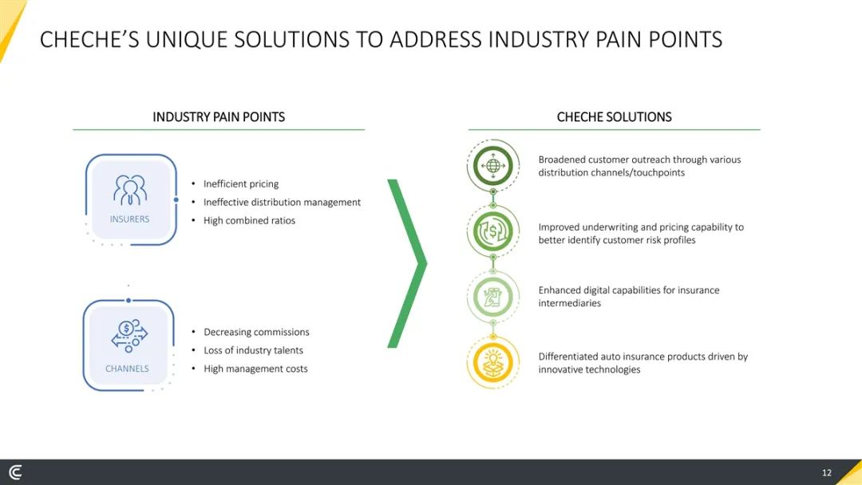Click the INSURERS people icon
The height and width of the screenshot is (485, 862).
point(130,190)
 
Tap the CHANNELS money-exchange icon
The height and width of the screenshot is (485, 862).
point(129,336)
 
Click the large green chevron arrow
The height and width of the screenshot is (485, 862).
point(407,264)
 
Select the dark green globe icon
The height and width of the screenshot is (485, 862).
point(493,165)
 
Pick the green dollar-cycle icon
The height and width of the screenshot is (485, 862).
point(493,231)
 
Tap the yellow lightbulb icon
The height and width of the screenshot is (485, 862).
point(493,362)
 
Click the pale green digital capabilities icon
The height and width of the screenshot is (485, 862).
point(493,298)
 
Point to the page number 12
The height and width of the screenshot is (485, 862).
point(827,472)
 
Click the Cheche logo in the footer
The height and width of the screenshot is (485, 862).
point(16,472)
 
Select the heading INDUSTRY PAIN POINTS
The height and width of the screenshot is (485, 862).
point(219,117)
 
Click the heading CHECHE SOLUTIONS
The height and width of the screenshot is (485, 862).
point(614,117)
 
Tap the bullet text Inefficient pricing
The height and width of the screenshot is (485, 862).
point(241,184)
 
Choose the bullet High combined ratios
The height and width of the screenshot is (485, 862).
point(249,220)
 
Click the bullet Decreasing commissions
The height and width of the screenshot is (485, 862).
point(256,332)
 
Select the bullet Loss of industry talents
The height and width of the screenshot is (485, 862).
point(254,350)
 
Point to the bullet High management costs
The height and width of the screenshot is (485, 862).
point(255,369)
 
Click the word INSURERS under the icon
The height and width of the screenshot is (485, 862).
point(130,219)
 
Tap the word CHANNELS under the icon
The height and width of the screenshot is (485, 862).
point(127,369)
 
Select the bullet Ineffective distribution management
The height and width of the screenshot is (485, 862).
point(282,202)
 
